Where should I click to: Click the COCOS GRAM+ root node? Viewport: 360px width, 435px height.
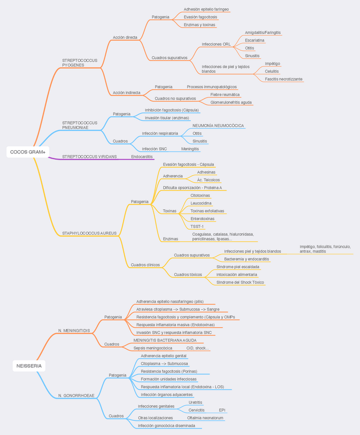[28, 152]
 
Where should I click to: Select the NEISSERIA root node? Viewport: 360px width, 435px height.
[29, 366]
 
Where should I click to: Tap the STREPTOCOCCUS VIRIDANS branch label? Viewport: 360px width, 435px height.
[89, 156]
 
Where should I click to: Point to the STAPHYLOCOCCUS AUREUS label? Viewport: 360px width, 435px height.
[89, 233]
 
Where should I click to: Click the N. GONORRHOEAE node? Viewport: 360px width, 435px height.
[76, 396]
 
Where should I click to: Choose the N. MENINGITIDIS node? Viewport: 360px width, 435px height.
[74, 330]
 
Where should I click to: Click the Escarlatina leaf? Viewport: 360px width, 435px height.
[255, 40]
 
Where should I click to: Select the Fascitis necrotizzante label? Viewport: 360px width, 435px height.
[284, 79]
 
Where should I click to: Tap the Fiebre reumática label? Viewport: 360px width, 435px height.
[225, 94]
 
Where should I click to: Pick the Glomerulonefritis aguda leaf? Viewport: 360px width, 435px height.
[231, 102]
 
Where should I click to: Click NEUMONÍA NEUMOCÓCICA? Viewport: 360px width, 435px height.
[218, 126]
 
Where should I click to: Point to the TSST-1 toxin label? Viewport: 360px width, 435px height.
[197, 226]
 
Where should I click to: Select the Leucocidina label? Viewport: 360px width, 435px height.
[201, 203]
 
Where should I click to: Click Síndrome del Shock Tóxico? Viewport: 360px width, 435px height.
[240, 282]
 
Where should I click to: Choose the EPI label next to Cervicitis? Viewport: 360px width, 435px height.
[222, 410]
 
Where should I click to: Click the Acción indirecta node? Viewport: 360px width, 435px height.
[126, 93]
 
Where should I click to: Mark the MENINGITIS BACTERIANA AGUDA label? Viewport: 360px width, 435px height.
[165, 340]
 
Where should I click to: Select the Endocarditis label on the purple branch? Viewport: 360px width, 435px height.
[142, 156]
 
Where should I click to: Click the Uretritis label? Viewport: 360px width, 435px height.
[195, 403]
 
